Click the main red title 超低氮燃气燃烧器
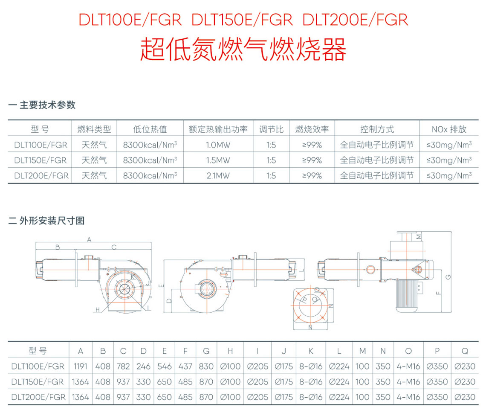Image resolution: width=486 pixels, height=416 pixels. [243, 50]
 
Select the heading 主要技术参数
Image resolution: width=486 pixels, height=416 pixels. [47, 105]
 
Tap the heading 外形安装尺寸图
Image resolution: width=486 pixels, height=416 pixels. [52, 221]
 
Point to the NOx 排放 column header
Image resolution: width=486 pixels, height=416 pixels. [449, 129]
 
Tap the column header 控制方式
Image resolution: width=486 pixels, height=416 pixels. [377, 129]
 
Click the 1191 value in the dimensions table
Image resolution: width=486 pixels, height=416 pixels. [80, 367]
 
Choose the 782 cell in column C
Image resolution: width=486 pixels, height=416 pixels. [123, 367]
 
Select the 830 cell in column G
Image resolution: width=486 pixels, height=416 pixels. [206, 367]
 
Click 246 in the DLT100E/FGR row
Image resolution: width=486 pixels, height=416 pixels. [144, 367]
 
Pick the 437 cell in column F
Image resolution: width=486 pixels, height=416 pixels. [185, 367]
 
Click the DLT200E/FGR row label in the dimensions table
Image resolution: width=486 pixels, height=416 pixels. [38, 397]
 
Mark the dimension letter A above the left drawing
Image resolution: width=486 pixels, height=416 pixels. [89, 240]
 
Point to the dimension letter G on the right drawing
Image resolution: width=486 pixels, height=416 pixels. [447, 277]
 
